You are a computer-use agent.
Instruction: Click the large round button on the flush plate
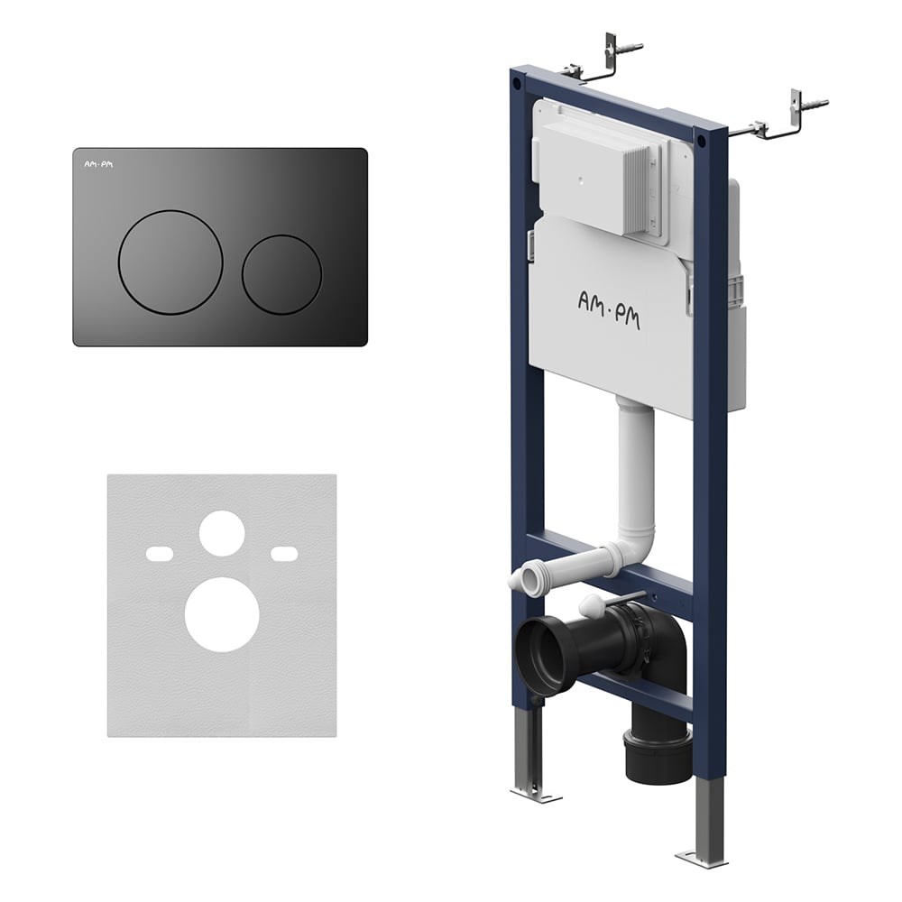(170, 262)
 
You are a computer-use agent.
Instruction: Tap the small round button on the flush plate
(281, 274)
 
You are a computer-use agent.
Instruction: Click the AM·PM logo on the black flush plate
(99, 164)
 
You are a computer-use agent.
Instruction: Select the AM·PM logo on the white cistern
(609, 310)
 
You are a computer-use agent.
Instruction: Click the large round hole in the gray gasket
(222, 614)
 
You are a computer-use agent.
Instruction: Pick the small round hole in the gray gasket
(222, 533)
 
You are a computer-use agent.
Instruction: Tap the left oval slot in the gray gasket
(160, 554)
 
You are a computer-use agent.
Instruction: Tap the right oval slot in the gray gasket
(284, 554)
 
